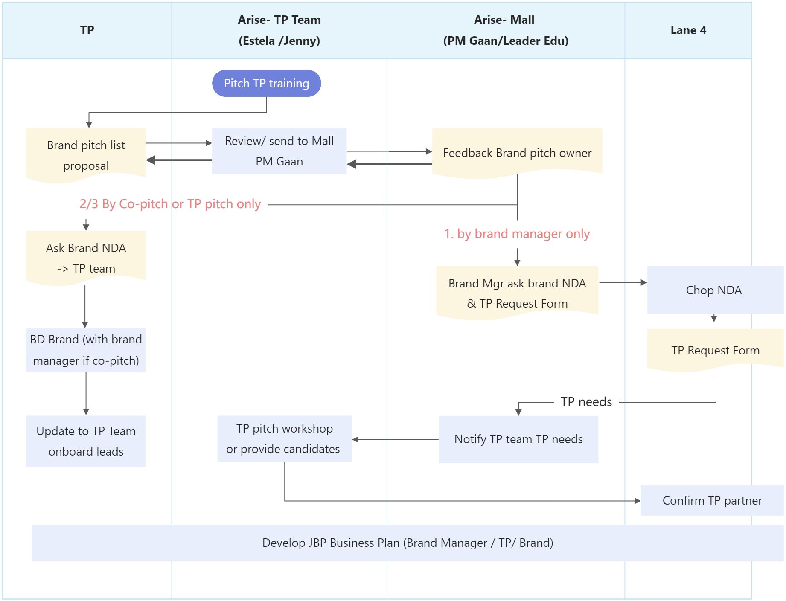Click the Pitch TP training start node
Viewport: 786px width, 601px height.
tap(266, 83)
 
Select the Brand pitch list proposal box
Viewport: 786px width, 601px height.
tap(86, 155)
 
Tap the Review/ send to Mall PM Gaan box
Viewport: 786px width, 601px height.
tap(279, 151)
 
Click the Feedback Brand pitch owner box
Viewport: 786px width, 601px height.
tap(517, 153)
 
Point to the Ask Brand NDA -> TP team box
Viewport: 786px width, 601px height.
tap(86, 258)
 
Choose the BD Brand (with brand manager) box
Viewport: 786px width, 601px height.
tap(86, 350)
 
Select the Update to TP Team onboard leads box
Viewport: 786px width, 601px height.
tap(86, 441)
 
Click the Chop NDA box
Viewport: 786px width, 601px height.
tap(714, 290)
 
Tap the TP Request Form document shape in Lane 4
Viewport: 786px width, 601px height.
tap(715, 350)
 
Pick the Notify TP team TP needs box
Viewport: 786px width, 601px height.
tap(518, 439)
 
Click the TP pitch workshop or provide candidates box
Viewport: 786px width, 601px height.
tap(284, 438)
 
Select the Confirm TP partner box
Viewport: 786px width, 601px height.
tap(712, 500)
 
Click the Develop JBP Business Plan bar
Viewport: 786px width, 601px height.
tap(408, 543)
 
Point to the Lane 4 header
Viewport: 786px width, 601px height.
tap(688, 30)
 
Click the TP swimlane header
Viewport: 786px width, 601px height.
tap(87, 30)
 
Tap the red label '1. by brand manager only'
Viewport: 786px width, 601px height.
tap(517, 234)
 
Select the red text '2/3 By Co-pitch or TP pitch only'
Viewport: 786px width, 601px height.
tap(170, 204)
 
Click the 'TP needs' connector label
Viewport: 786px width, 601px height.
tap(586, 402)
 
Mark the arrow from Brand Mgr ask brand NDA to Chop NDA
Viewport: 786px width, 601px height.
tap(623, 282)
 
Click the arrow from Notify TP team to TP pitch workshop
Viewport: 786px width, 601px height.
tap(395, 439)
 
